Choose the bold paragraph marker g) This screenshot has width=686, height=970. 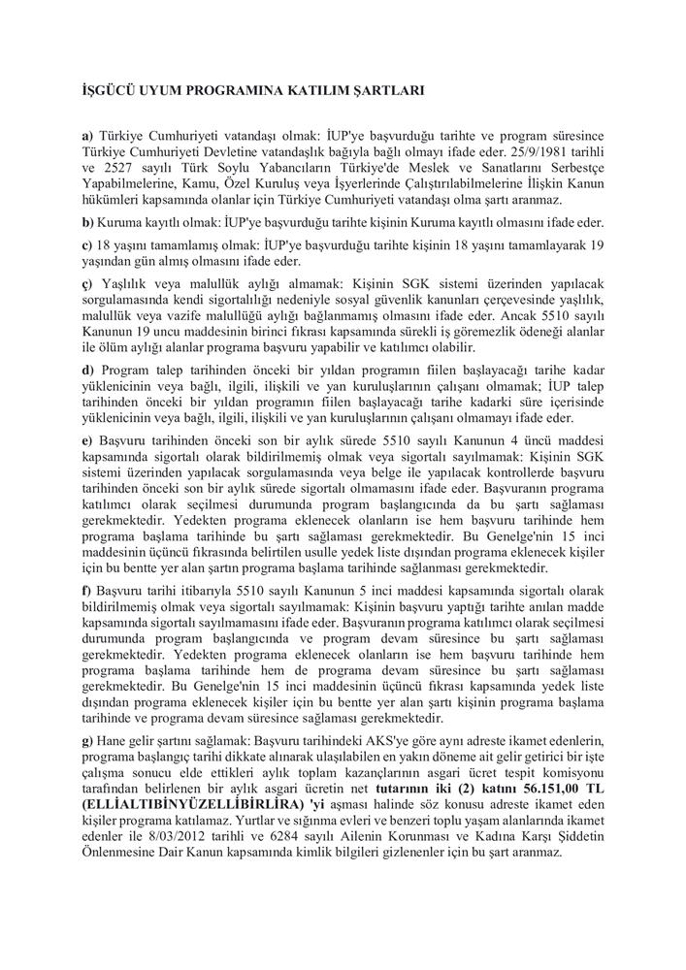[x=88, y=742]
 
